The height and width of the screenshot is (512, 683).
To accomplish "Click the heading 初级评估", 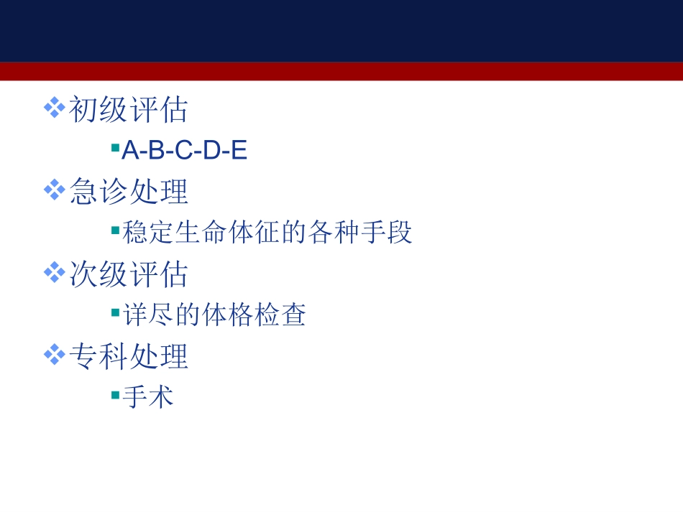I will click(x=129, y=110).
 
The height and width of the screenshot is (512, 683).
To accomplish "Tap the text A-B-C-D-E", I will click(x=185, y=151).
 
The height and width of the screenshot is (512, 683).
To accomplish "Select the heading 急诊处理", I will click(x=129, y=192).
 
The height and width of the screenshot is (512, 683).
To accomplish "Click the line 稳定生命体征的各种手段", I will click(x=267, y=233).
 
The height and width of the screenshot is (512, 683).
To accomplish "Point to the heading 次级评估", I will click(x=129, y=274).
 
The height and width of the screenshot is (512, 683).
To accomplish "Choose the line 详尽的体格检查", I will click(x=214, y=315).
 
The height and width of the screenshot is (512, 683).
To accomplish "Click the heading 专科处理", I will click(x=129, y=357).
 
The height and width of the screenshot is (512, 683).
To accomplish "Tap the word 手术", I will click(x=148, y=397).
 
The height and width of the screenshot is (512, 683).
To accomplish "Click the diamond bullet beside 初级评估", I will click(x=55, y=108).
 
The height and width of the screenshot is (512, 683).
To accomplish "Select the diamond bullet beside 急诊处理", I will click(x=55, y=190).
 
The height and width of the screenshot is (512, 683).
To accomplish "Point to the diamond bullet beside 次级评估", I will click(x=55, y=273).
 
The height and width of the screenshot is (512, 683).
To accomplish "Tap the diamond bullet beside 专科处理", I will click(x=55, y=355).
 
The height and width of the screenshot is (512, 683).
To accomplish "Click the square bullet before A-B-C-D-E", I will click(x=115, y=148).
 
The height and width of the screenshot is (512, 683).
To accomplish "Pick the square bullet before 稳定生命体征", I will click(x=115, y=230).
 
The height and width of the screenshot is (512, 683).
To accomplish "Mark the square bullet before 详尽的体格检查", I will click(x=115, y=312).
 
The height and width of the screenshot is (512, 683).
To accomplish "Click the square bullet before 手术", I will click(x=115, y=394).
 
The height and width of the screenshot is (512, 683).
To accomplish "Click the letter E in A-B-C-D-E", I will click(x=239, y=151).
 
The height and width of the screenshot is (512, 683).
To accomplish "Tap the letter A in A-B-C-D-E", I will click(x=129, y=151).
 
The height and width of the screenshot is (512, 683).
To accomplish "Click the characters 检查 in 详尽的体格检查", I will click(x=280, y=315).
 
